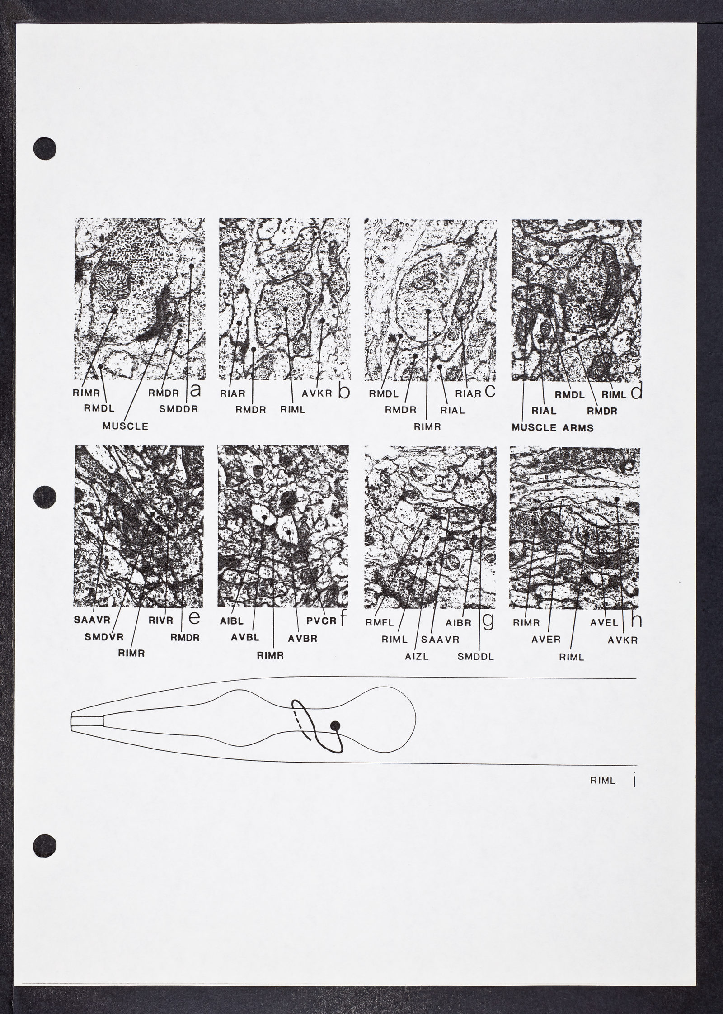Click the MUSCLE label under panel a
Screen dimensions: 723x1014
click(125, 426)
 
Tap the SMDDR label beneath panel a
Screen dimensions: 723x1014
click(179, 409)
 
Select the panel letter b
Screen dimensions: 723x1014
click(344, 392)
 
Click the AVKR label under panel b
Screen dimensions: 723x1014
click(317, 393)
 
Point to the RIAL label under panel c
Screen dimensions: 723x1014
click(453, 411)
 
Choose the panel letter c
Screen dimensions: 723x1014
click(490, 391)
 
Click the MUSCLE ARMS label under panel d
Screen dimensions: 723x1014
click(553, 427)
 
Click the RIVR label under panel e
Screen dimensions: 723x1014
click(161, 621)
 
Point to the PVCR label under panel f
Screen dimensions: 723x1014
click(321, 621)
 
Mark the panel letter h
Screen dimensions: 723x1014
click(636, 620)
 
